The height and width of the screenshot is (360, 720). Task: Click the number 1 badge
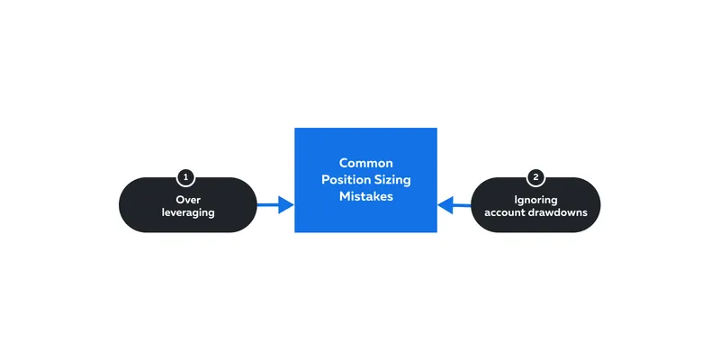pos(185,176)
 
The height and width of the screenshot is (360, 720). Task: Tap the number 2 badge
pos(535,176)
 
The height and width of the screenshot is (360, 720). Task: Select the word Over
pos(188,200)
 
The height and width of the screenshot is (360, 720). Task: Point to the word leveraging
pos(188,213)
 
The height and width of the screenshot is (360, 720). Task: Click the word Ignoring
pos(535,200)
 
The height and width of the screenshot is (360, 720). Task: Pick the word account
pos(504,213)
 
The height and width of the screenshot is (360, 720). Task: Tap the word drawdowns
pos(557,212)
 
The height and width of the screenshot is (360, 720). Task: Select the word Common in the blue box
pos(366,163)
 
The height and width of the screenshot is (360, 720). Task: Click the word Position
pos(346,179)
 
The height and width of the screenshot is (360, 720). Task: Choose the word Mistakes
pos(366,196)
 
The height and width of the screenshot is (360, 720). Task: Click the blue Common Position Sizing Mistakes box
pos(365,180)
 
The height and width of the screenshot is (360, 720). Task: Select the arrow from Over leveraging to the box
pos(275,205)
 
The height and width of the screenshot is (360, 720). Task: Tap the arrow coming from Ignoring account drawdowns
pos(454,205)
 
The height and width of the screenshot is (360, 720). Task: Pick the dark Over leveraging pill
pos(188,205)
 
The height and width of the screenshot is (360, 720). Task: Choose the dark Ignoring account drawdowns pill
pos(535,205)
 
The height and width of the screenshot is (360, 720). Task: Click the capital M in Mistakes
pos(345,196)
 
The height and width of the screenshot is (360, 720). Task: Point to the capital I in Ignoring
pos(516,200)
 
